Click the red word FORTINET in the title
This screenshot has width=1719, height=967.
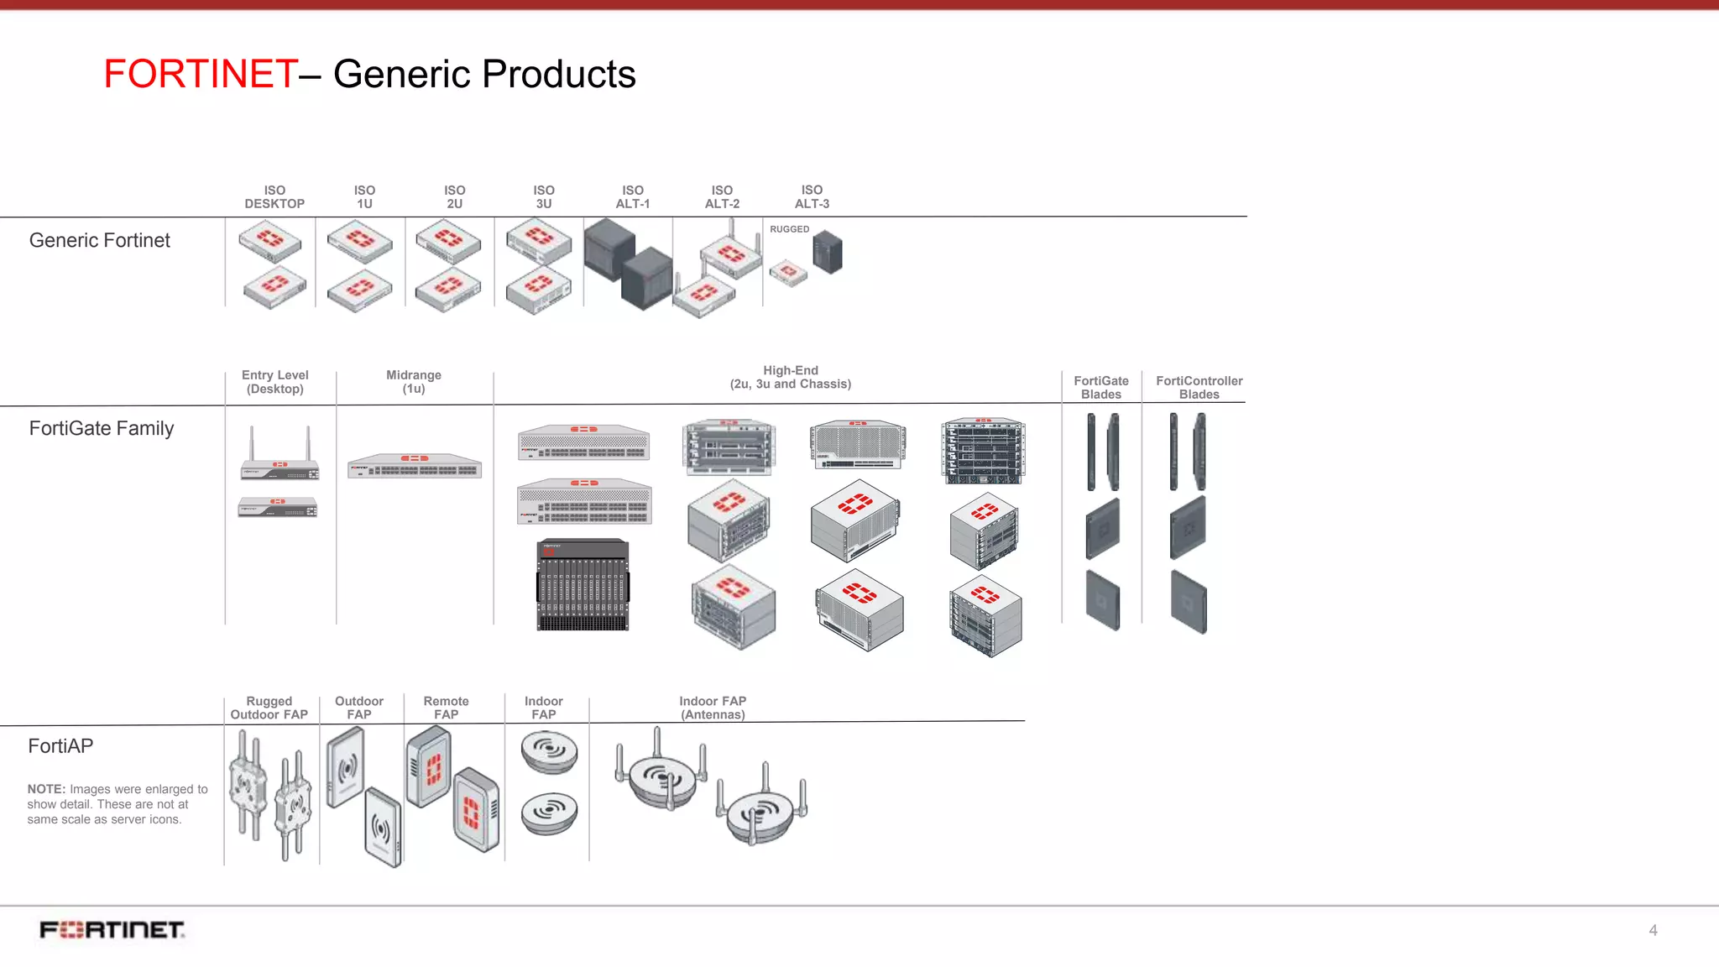(x=201, y=74)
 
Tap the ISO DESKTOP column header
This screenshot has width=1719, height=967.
(x=274, y=197)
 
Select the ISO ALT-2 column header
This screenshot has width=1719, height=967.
(x=722, y=197)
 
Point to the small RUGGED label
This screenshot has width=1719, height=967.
(x=789, y=229)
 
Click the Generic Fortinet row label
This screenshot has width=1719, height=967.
(x=99, y=241)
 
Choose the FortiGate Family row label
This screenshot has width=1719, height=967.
(x=102, y=429)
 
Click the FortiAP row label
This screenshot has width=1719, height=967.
(x=60, y=746)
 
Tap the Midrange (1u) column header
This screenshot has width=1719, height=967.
(x=414, y=382)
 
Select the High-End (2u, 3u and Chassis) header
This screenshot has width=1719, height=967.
(x=790, y=378)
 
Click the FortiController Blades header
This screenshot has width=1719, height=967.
(x=1199, y=388)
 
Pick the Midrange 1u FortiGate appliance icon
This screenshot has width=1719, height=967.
(x=415, y=466)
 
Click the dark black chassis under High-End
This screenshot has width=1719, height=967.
(x=583, y=584)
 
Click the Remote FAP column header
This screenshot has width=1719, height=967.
(x=446, y=708)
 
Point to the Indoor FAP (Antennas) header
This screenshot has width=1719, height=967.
(x=713, y=708)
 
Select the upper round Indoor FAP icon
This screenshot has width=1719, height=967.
(x=549, y=750)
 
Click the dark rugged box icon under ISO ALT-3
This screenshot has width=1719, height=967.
(x=828, y=253)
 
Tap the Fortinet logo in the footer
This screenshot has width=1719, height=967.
(x=112, y=930)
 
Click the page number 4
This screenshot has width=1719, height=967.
(x=1653, y=930)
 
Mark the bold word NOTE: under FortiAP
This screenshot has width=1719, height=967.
(x=46, y=789)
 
